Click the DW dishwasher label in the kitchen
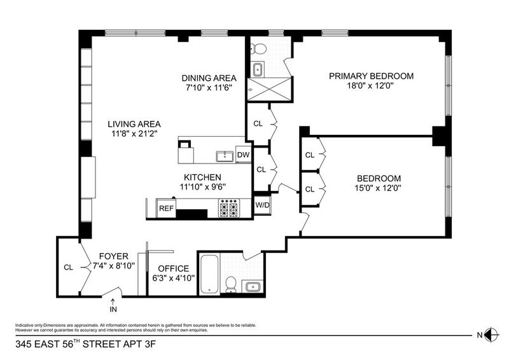tap(243, 155)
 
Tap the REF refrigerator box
tap(166, 208)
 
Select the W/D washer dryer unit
tap(262, 205)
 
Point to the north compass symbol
tap(491, 335)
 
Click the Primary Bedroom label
tap(371, 76)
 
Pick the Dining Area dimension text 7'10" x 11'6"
tap(209, 87)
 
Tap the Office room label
tap(173, 268)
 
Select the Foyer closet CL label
tap(68, 268)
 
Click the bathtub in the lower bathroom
tap(209, 274)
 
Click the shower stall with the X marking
tap(269, 89)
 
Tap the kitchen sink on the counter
tap(225, 156)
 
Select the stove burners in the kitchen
tap(229, 208)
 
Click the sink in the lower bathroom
tap(252, 287)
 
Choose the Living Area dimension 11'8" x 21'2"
tap(134, 134)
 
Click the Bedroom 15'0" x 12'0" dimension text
tap(378, 188)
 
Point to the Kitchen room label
tap(202, 177)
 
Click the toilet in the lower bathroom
tap(230, 284)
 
